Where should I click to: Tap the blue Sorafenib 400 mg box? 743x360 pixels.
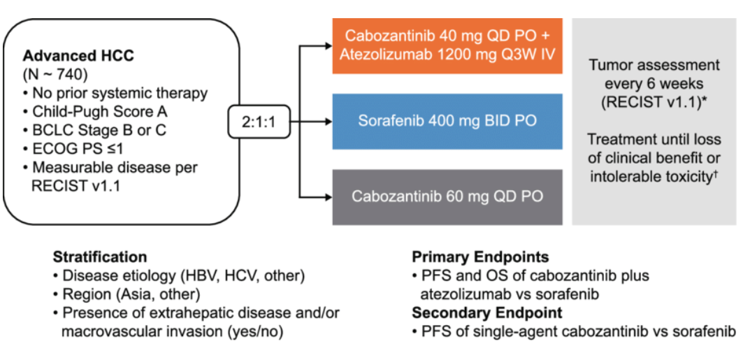pyautogui.click(x=448, y=121)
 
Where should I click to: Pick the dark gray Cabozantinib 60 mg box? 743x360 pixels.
pyautogui.click(x=448, y=196)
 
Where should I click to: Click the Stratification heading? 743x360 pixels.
pyautogui.click(x=100, y=257)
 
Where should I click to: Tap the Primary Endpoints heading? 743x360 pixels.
pyautogui.click(x=480, y=257)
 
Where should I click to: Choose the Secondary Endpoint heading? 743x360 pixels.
pyautogui.click(x=487, y=312)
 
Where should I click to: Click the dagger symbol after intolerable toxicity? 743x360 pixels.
pyautogui.click(x=714, y=173)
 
